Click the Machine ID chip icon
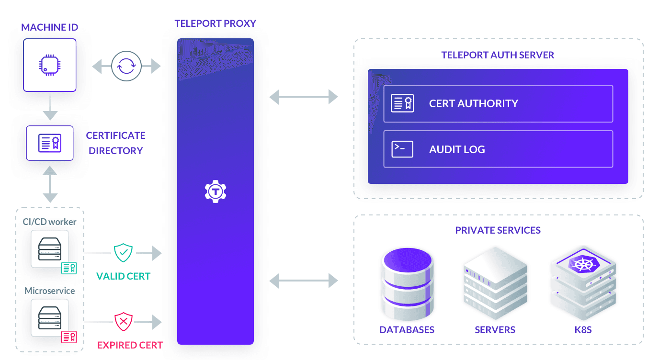[x=50, y=65]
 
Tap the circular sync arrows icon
[x=126, y=66]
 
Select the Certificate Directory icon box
[x=50, y=143]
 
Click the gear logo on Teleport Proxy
[x=215, y=192]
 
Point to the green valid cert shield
[x=123, y=252]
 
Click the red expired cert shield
[x=123, y=322]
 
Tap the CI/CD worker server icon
[x=50, y=249]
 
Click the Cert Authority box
[x=498, y=103]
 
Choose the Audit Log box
[x=498, y=149]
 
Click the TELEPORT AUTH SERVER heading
[x=498, y=55]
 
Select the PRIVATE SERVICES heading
[x=498, y=230]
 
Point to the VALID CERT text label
[x=123, y=276]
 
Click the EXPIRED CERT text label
[x=130, y=345]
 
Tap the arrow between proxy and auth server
[x=304, y=97]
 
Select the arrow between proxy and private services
[x=304, y=281]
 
